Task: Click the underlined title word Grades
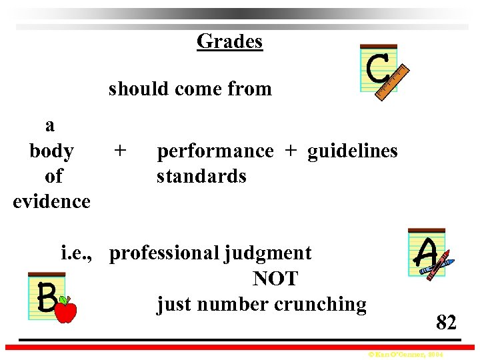coord(229,41)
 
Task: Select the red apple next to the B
coord(65,310)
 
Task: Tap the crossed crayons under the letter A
coord(436,267)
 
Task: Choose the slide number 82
coord(446,323)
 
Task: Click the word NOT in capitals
coord(275,279)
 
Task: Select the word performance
coord(215,151)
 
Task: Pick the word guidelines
coord(352,151)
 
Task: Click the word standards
coord(201,177)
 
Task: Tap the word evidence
coord(51,201)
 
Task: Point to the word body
coord(51,151)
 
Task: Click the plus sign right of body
coord(119,151)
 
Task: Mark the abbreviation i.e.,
coord(79,253)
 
